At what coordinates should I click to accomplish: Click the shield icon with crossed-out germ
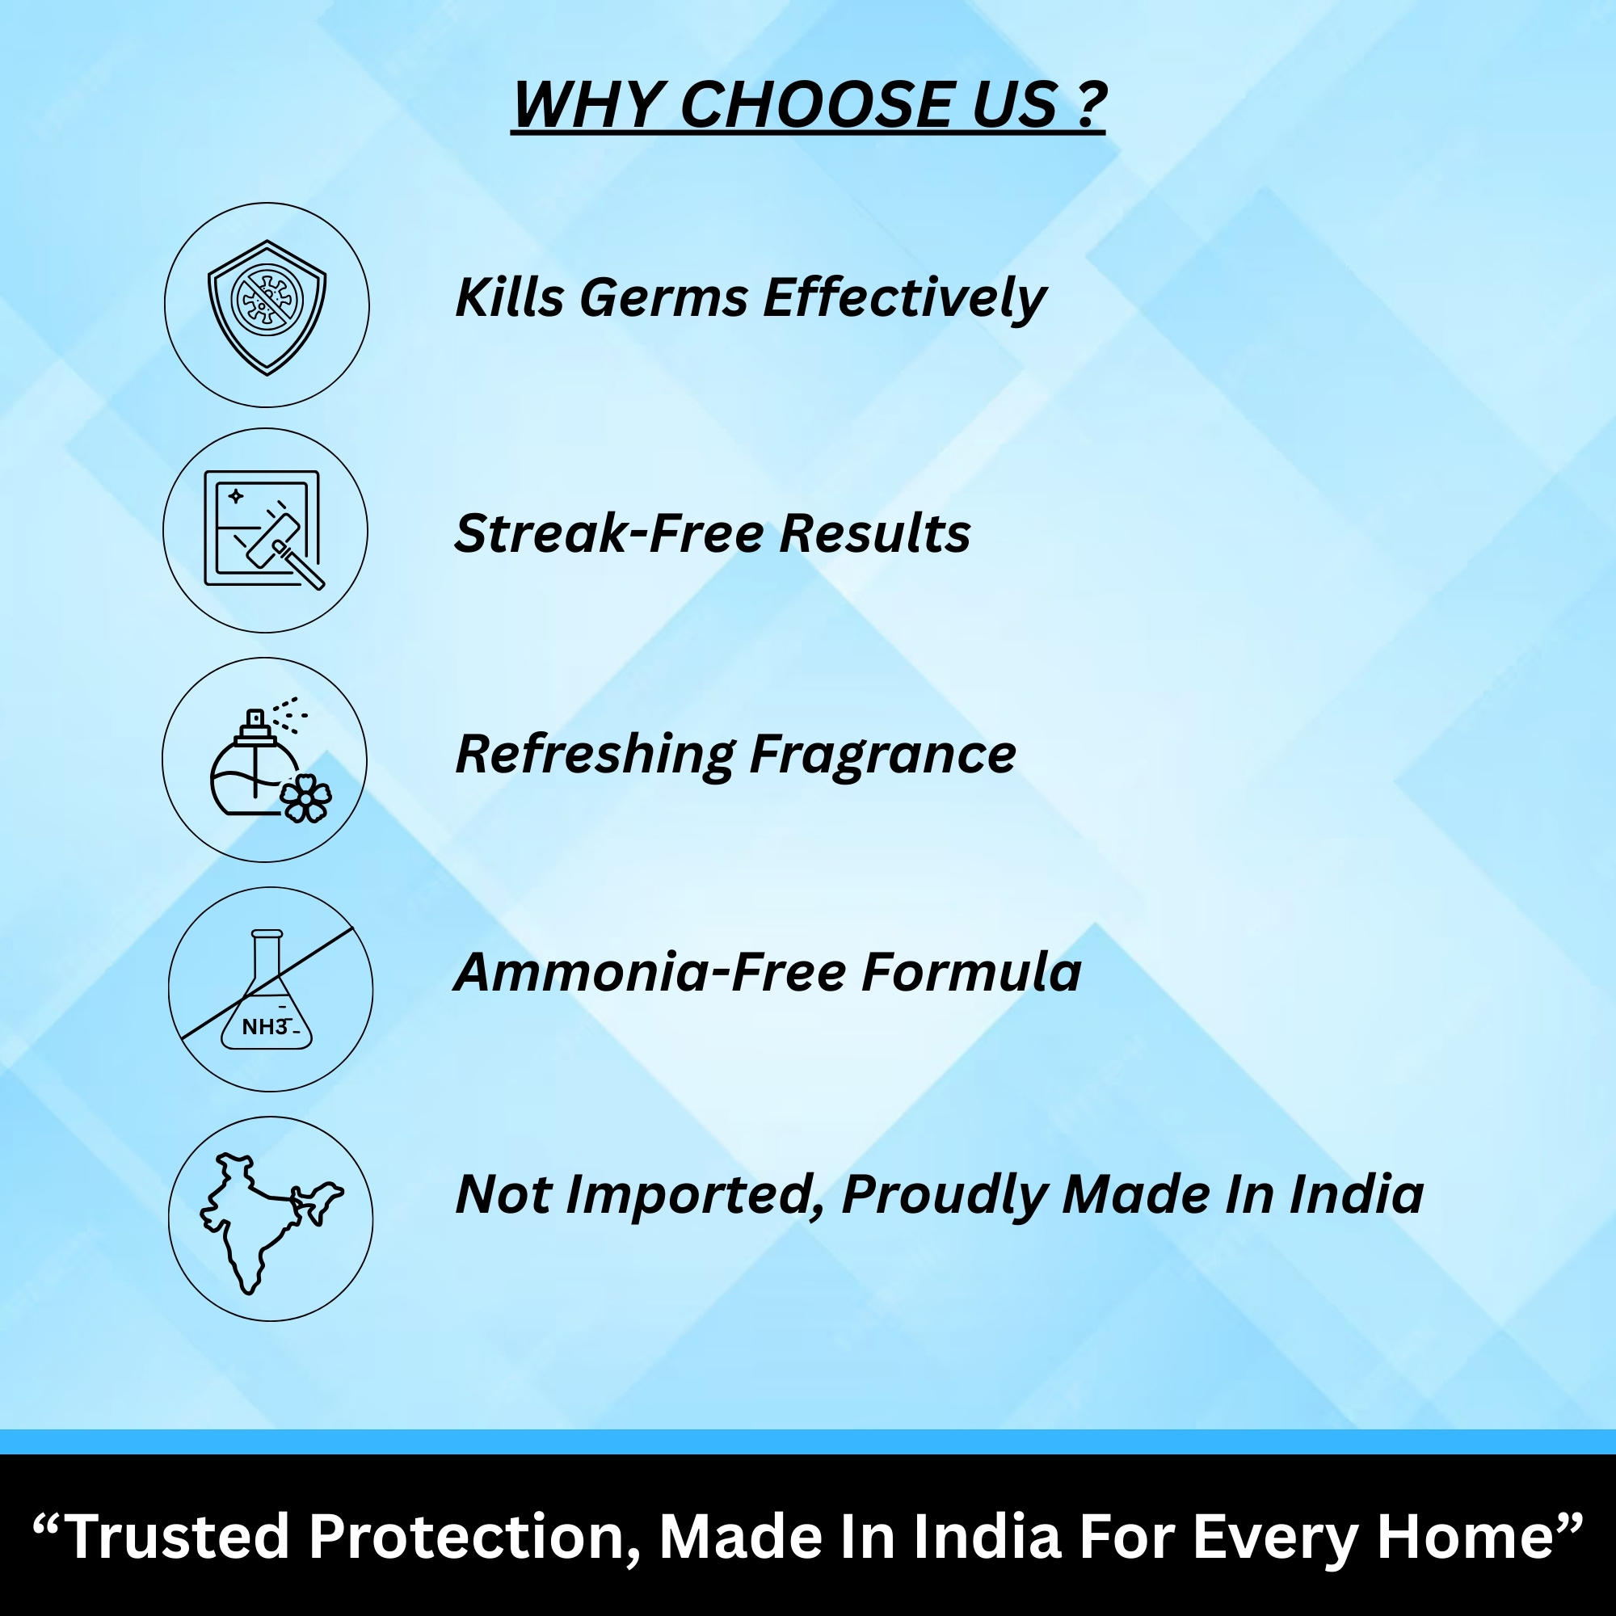click(x=267, y=307)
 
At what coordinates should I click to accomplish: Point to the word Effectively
click(x=904, y=298)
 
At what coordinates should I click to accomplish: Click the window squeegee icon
click(x=263, y=529)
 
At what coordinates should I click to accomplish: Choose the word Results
click(x=875, y=533)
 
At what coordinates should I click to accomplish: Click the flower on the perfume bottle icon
click(x=305, y=798)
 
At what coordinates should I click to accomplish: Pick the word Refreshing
click(x=595, y=755)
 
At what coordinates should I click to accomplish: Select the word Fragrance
click(x=883, y=755)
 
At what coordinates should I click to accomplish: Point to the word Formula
click(x=971, y=972)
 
